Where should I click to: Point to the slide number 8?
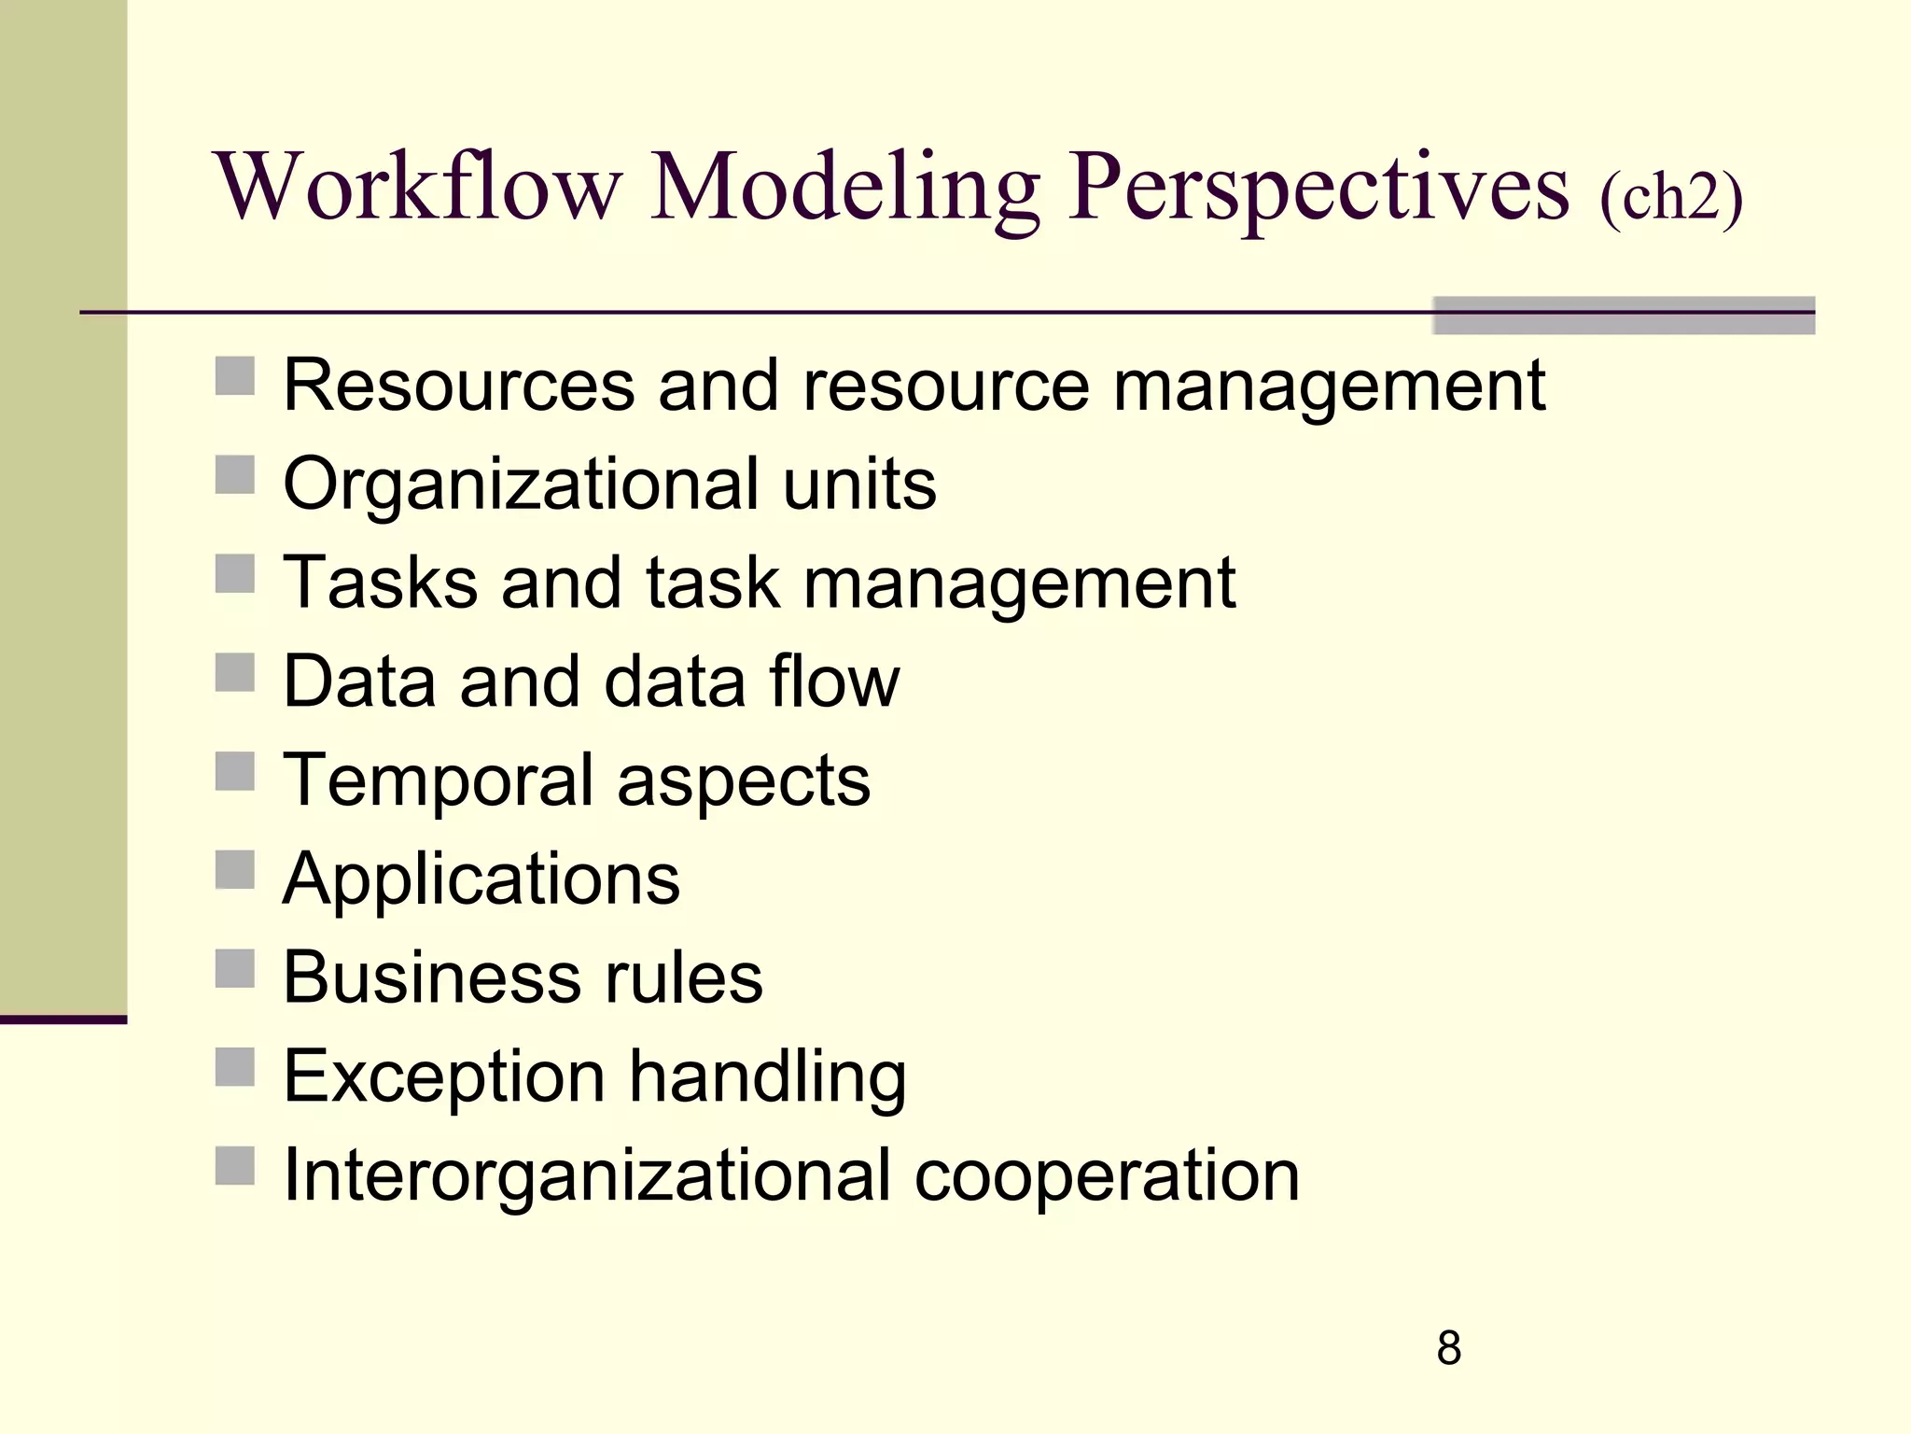pyautogui.click(x=1448, y=1348)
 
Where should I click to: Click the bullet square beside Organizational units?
pyautogui.click(x=235, y=475)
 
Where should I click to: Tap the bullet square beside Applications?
pyautogui.click(x=235, y=870)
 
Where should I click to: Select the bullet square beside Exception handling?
pyautogui.click(x=235, y=1067)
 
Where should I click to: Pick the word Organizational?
pyautogui.click(x=521, y=485)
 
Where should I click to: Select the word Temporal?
pyautogui.click(x=439, y=781)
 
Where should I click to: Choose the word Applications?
pyautogui.click(x=481, y=880)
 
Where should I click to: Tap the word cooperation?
pyautogui.click(x=1107, y=1176)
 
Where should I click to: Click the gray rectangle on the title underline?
pyautogui.click(x=1624, y=316)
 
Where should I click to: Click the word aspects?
pyautogui.click(x=744, y=781)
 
